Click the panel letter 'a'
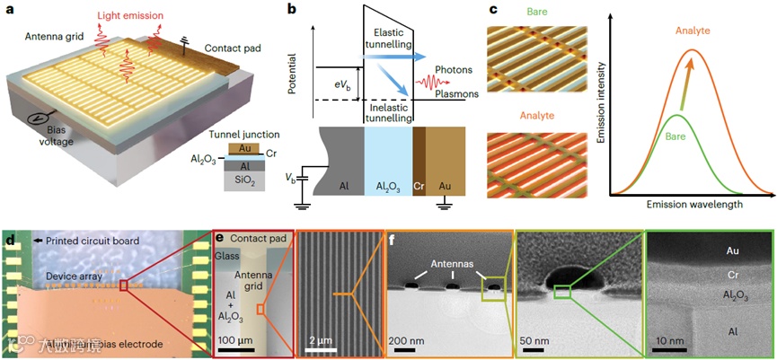11,12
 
